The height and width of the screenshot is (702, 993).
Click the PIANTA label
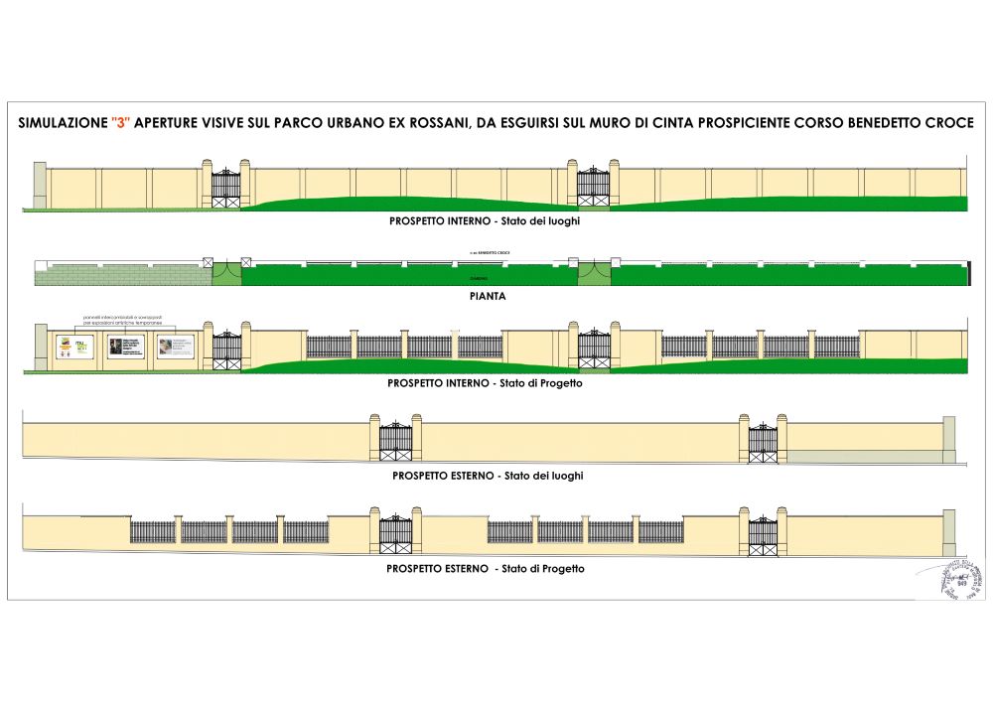[x=486, y=296]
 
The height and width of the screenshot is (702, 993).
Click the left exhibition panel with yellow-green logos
[x=72, y=348]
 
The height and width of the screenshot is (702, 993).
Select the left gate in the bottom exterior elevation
[x=395, y=534]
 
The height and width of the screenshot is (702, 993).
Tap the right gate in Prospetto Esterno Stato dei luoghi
[x=762, y=442]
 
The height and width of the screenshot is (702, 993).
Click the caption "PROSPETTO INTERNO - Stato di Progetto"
[x=485, y=382]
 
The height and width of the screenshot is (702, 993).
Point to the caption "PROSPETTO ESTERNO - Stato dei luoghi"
[x=488, y=476]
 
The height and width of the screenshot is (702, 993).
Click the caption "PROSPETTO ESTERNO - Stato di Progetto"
[x=486, y=569]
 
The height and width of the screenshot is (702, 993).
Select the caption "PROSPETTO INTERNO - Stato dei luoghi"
[x=485, y=220]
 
